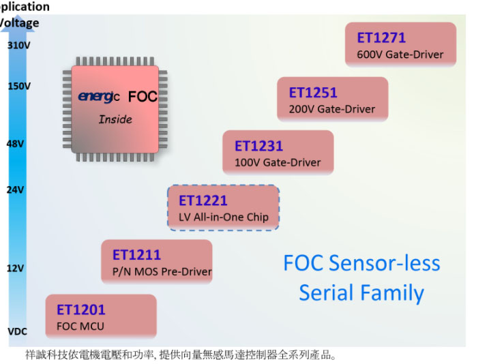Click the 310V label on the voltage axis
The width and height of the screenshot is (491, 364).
[19, 46]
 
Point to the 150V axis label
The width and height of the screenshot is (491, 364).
[19, 86]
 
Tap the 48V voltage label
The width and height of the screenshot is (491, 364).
[15, 144]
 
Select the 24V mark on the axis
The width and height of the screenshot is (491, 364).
[15, 189]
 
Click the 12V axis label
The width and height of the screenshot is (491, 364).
[15, 268]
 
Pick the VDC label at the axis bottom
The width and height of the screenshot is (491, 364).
[17, 331]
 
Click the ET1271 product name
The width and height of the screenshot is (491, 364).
[381, 38]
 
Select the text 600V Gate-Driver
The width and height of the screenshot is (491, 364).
[400, 55]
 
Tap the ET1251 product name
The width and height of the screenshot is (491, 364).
[313, 93]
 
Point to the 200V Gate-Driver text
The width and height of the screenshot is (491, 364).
[332, 109]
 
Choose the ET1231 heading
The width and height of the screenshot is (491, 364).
[258, 146]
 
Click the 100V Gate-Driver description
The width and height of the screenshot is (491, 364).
[278, 163]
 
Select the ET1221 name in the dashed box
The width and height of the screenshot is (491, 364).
[203, 200]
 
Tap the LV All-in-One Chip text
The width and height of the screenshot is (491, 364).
[224, 217]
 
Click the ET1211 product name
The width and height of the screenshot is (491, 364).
[136, 255]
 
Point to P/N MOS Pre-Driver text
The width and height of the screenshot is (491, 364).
[162, 272]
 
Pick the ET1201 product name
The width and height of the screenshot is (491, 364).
[80, 310]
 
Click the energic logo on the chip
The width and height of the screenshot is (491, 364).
[99, 97]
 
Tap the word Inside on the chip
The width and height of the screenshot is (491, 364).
[115, 119]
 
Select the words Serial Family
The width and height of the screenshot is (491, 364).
[361, 293]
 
